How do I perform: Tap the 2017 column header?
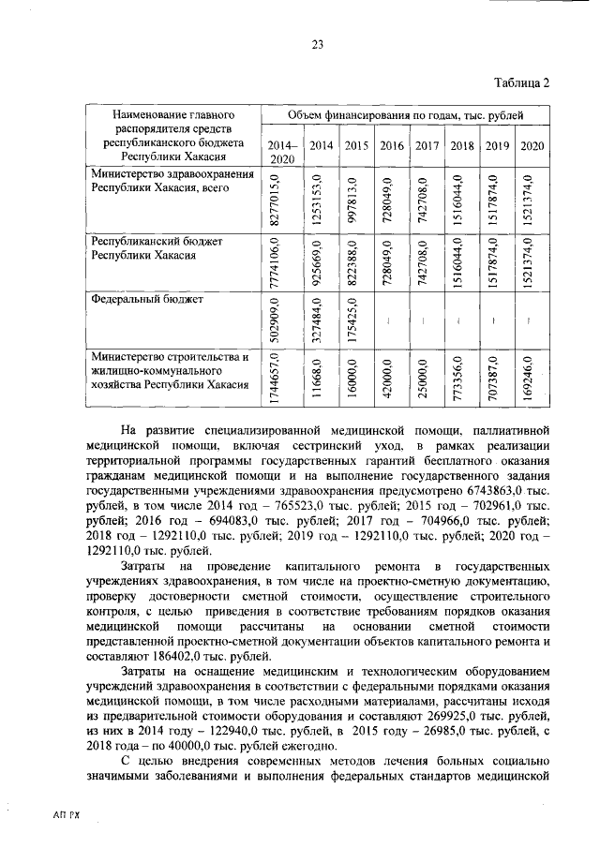427,145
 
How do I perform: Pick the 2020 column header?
532,145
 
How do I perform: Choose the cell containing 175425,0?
351,320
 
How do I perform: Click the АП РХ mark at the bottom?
67,816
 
